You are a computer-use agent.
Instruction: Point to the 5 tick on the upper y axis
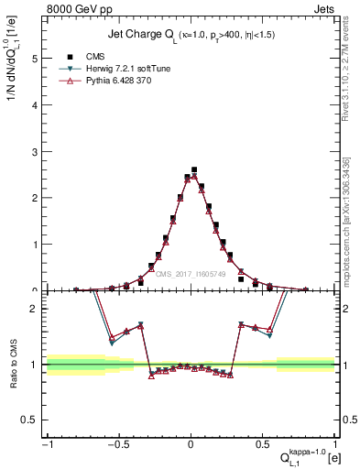pos(36,58)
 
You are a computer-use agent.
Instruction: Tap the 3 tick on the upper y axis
pos(36,151)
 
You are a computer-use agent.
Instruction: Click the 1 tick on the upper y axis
pos(36,245)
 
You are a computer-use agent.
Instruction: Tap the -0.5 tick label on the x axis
pos(117,444)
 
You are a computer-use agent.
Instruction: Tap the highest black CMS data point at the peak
pos(194,169)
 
